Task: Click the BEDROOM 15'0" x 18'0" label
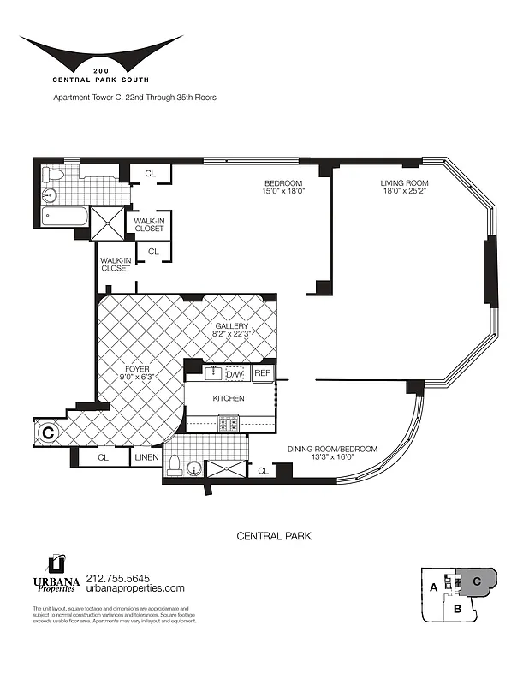pyautogui.click(x=283, y=188)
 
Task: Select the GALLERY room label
pyautogui.click(x=231, y=331)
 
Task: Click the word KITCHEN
pyautogui.click(x=229, y=398)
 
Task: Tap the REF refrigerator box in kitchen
pyautogui.click(x=263, y=373)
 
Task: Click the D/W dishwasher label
pyautogui.click(x=235, y=374)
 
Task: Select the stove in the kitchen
pyautogui.click(x=229, y=422)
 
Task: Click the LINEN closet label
pyautogui.click(x=146, y=458)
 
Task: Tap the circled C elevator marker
pyautogui.click(x=49, y=433)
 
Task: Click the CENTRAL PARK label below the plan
pyautogui.click(x=273, y=537)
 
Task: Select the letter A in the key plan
pyautogui.click(x=434, y=587)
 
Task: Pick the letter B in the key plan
pyautogui.click(x=458, y=609)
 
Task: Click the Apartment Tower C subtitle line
pyautogui.click(x=135, y=98)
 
